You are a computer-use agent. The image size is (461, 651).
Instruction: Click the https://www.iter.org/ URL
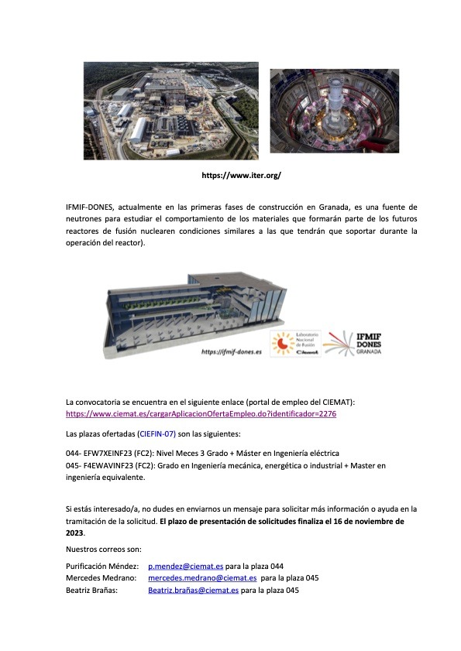(241, 176)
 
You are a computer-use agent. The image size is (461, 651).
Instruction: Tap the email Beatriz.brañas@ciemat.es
(193, 590)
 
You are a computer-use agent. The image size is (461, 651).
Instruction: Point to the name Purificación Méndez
(102, 567)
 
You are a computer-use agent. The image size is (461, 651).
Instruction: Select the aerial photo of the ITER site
(171, 111)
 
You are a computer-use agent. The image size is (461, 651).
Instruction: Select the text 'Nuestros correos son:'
(104, 550)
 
